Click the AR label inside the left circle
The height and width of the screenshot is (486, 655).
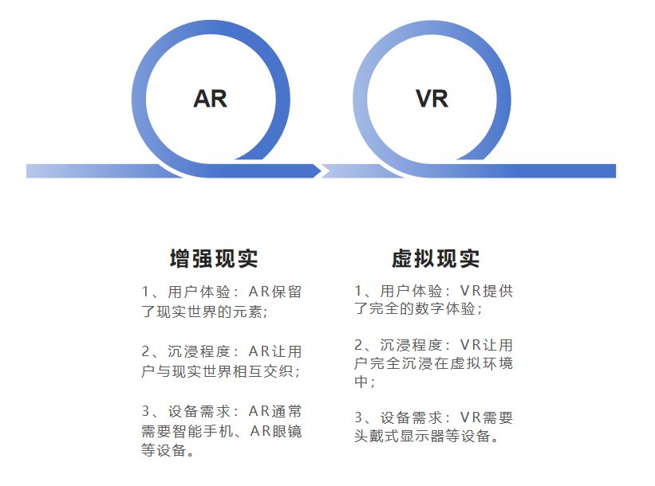pyautogui.click(x=210, y=98)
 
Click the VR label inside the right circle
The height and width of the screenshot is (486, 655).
pyautogui.click(x=432, y=98)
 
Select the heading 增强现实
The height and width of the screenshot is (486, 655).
pyautogui.click(x=214, y=259)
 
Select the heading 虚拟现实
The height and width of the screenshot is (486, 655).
pyautogui.click(x=436, y=259)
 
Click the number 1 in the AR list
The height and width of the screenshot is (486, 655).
pyautogui.click(x=146, y=292)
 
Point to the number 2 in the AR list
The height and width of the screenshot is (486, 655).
pyautogui.click(x=146, y=351)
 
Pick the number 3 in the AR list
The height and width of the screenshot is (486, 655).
pyautogui.click(x=146, y=412)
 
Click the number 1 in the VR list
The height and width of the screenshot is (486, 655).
pyautogui.click(x=359, y=291)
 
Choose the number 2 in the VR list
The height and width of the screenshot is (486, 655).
pyautogui.click(x=359, y=345)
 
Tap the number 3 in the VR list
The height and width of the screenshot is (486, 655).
pyautogui.click(x=359, y=417)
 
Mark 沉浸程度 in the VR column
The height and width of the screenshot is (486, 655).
pyautogui.click(x=412, y=345)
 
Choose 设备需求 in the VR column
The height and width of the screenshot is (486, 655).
pyautogui.click(x=412, y=417)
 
